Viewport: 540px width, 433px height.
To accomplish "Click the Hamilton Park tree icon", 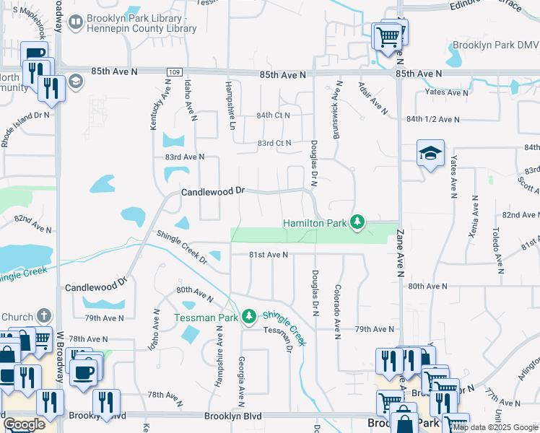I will click(356, 222).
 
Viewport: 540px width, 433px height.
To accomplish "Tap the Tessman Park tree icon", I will click(249, 317).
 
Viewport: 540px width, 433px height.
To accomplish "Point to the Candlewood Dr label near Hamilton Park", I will click(214, 192).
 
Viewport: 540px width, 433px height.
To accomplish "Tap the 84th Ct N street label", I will click(273, 115).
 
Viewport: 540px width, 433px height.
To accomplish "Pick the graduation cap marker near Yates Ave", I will click(430, 153).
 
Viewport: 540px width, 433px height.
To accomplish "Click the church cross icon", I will click(43, 315).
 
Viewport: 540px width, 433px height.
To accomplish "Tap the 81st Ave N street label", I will click(269, 255).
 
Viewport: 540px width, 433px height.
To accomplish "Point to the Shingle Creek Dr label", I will click(182, 248).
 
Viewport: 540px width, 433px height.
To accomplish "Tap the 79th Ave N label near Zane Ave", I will click(374, 329).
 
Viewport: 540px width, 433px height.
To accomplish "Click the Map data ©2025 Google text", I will click(496, 427).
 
